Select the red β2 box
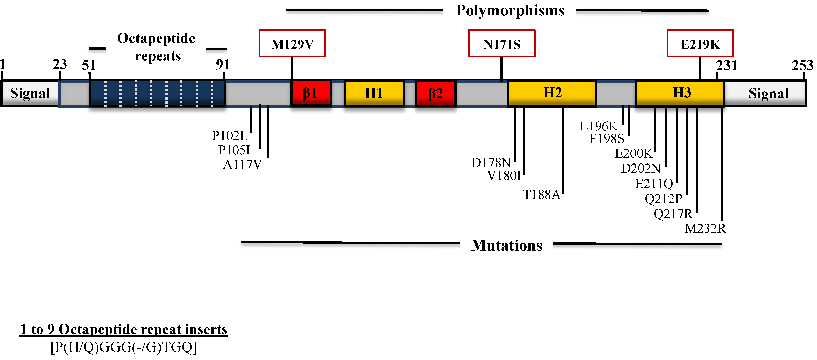(x=435, y=93)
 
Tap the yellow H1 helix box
(x=374, y=93)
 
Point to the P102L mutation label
(x=230, y=136)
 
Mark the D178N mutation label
(x=491, y=163)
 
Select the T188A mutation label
(x=541, y=194)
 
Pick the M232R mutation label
(x=705, y=228)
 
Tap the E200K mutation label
(x=633, y=154)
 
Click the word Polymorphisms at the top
(x=510, y=10)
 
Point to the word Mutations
(x=506, y=245)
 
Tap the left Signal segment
(x=30, y=93)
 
